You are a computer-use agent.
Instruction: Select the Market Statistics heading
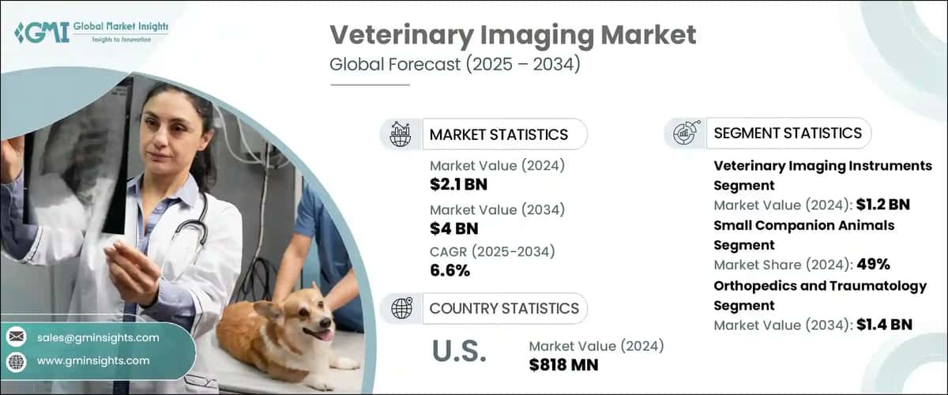point(498,134)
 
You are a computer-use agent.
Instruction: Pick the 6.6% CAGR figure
point(450,271)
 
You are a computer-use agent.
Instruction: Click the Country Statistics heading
point(504,308)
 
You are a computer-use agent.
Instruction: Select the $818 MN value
point(563,364)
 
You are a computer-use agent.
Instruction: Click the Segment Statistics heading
point(787,134)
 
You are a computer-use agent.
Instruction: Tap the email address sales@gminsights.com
point(98,337)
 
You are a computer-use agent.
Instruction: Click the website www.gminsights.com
point(92,360)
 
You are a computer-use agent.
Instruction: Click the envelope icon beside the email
point(16,337)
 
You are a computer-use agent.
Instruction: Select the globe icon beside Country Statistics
point(401,308)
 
